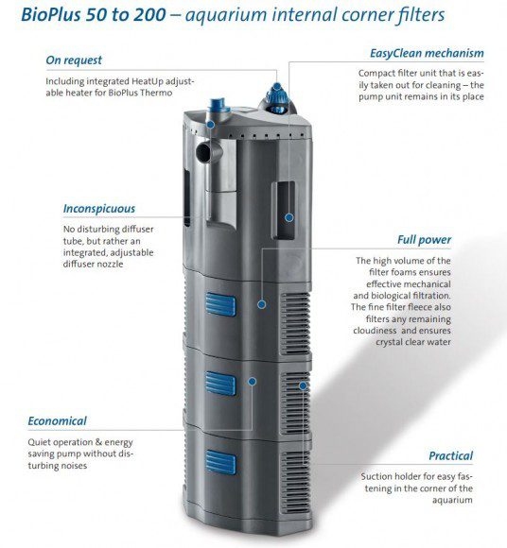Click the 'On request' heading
coord(74,60)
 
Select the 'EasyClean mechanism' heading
coord(427,53)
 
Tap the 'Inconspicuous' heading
coord(99,209)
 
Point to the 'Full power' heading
coord(424,240)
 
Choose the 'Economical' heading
coord(57,420)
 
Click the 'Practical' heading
coord(450,455)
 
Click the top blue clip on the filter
coord(220,304)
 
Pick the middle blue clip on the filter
coord(220,384)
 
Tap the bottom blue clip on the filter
coord(220,462)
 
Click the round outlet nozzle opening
coord(203,152)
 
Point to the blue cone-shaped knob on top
coord(277,98)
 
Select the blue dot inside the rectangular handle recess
coord(289,217)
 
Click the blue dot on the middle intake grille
coord(303,385)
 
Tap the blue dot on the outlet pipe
coord(210,125)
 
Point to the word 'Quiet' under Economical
coord(40,442)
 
